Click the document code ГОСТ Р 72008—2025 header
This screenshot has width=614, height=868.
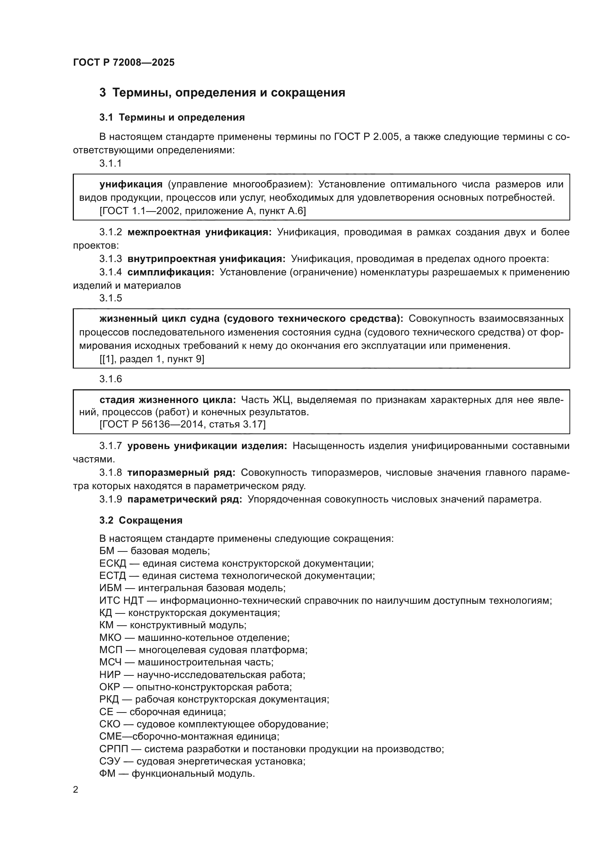pyautogui.click(x=124, y=62)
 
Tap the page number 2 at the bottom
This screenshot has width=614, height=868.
pyautogui.click(x=76, y=789)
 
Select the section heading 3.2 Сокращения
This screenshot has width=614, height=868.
pyautogui.click(x=141, y=520)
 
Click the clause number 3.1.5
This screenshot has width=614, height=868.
pyautogui.click(x=110, y=298)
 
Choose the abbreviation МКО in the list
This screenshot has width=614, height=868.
pyautogui.click(x=110, y=638)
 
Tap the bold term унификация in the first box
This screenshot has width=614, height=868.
pyautogui.click(x=131, y=184)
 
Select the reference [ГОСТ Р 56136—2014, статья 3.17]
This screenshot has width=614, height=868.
pyautogui.click(x=183, y=424)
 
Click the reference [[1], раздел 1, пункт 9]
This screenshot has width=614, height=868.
pyautogui.click(x=151, y=359)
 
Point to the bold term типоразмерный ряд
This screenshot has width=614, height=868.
pyautogui.click(x=182, y=472)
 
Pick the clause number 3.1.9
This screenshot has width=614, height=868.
pyautogui.click(x=110, y=499)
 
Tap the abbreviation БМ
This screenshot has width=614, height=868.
pyautogui.click(x=107, y=551)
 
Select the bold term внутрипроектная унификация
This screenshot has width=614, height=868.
pyautogui.click(x=206, y=259)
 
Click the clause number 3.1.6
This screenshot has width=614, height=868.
pyautogui.click(x=110, y=379)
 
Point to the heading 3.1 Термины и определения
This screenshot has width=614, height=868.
pyautogui.click(x=172, y=118)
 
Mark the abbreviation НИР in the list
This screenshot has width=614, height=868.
pyautogui.click(x=110, y=675)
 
